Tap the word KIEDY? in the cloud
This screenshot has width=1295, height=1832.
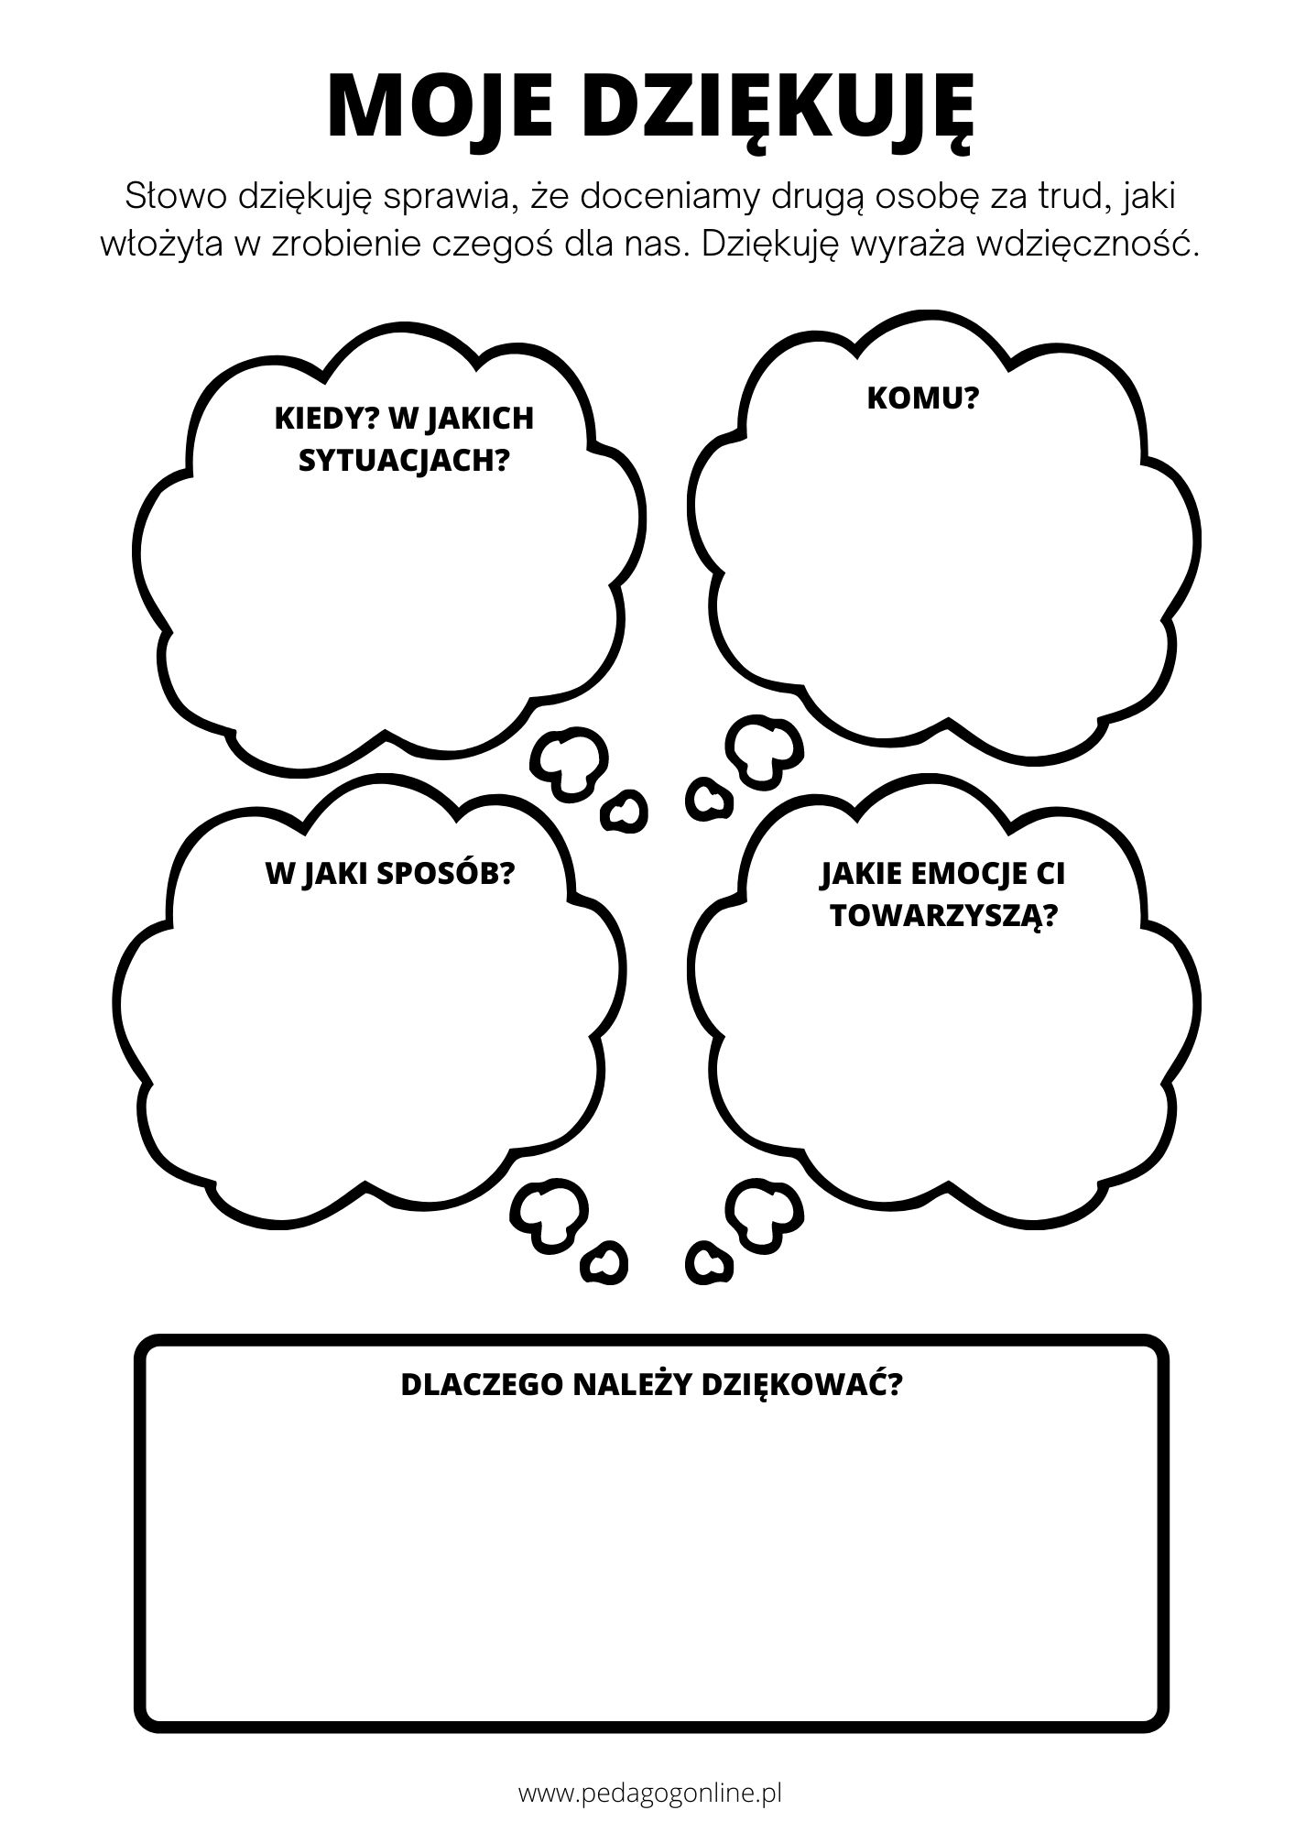click(x=326, y=418)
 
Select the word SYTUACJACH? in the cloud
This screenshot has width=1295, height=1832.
click(x=404, y=460)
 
